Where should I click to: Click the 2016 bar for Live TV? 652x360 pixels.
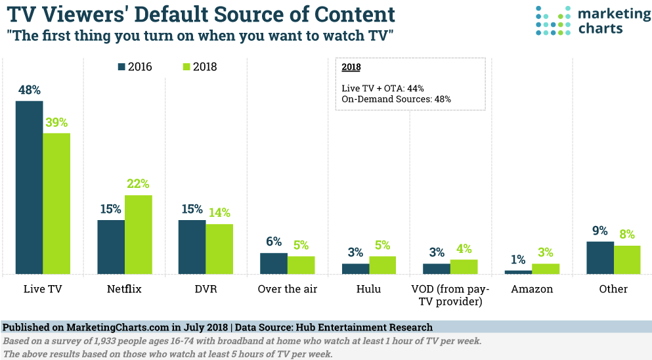[x=30, y=187]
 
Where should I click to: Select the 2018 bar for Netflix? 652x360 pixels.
[x=138, y=235]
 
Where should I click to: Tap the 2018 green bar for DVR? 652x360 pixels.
[x=219, y=249]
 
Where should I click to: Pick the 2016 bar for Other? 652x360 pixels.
[x=599, y=258]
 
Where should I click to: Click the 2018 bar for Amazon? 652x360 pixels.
[x=545, y=269]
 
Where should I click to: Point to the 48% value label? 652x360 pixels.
[x=30, y=90]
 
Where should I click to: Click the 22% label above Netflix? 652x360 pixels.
[x=138, y=184]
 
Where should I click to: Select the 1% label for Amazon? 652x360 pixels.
[x=518, y=259]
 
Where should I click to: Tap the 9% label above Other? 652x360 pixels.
[x=599, y=231]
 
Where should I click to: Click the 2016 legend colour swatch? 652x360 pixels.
[x=121, y=66]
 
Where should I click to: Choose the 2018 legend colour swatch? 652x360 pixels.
[x=186, y=66]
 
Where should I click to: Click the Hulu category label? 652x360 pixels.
[x=369, y=289]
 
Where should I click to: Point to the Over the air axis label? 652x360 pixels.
[x=288, y=289]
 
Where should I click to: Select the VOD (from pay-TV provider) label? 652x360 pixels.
[x=450, y=295]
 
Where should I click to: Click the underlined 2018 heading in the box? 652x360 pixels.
[x=351, y=67]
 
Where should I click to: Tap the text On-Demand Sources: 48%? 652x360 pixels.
[x=396, y=99]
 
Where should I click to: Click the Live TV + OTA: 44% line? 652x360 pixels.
[x=383, y=88]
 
